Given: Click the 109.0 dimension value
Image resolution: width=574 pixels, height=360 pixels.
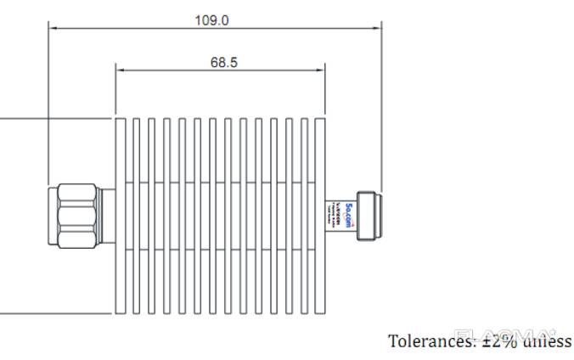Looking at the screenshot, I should pyautogui.click(x=211, y=19).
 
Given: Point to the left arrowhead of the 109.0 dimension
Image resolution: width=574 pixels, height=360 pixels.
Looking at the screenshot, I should pyautogui.click(x=53, y=28).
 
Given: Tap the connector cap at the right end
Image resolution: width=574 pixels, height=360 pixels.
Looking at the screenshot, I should pyautogui.click(x=368, y=217).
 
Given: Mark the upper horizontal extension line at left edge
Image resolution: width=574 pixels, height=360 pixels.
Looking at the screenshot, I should pyautogui.click(x=51, y=119).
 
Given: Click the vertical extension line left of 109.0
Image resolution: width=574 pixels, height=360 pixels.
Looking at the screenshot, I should pyautogui.click(x=48, y=102).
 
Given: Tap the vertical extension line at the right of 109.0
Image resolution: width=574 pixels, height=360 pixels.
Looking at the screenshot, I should pyautogui.click(x=380, y=102).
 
